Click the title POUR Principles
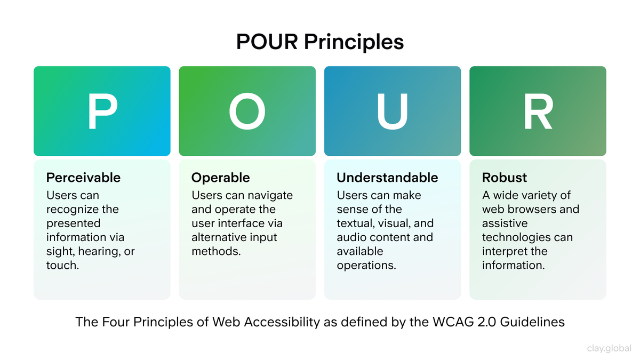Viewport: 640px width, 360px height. click(320, 42)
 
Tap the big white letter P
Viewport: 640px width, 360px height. click(102, 111)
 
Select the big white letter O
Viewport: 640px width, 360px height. click(247, 111)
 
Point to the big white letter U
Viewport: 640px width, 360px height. click(392, 111)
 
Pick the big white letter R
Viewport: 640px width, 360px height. click(538, 111)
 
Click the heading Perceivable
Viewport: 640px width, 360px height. click(83, 178)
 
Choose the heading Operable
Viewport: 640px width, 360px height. click(220, 178)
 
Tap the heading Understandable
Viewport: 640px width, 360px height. click(387, 178)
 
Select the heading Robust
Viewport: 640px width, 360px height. click(505, 178)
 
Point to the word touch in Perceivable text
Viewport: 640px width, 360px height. click(62, 265)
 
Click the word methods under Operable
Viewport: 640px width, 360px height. click(215, 251)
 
